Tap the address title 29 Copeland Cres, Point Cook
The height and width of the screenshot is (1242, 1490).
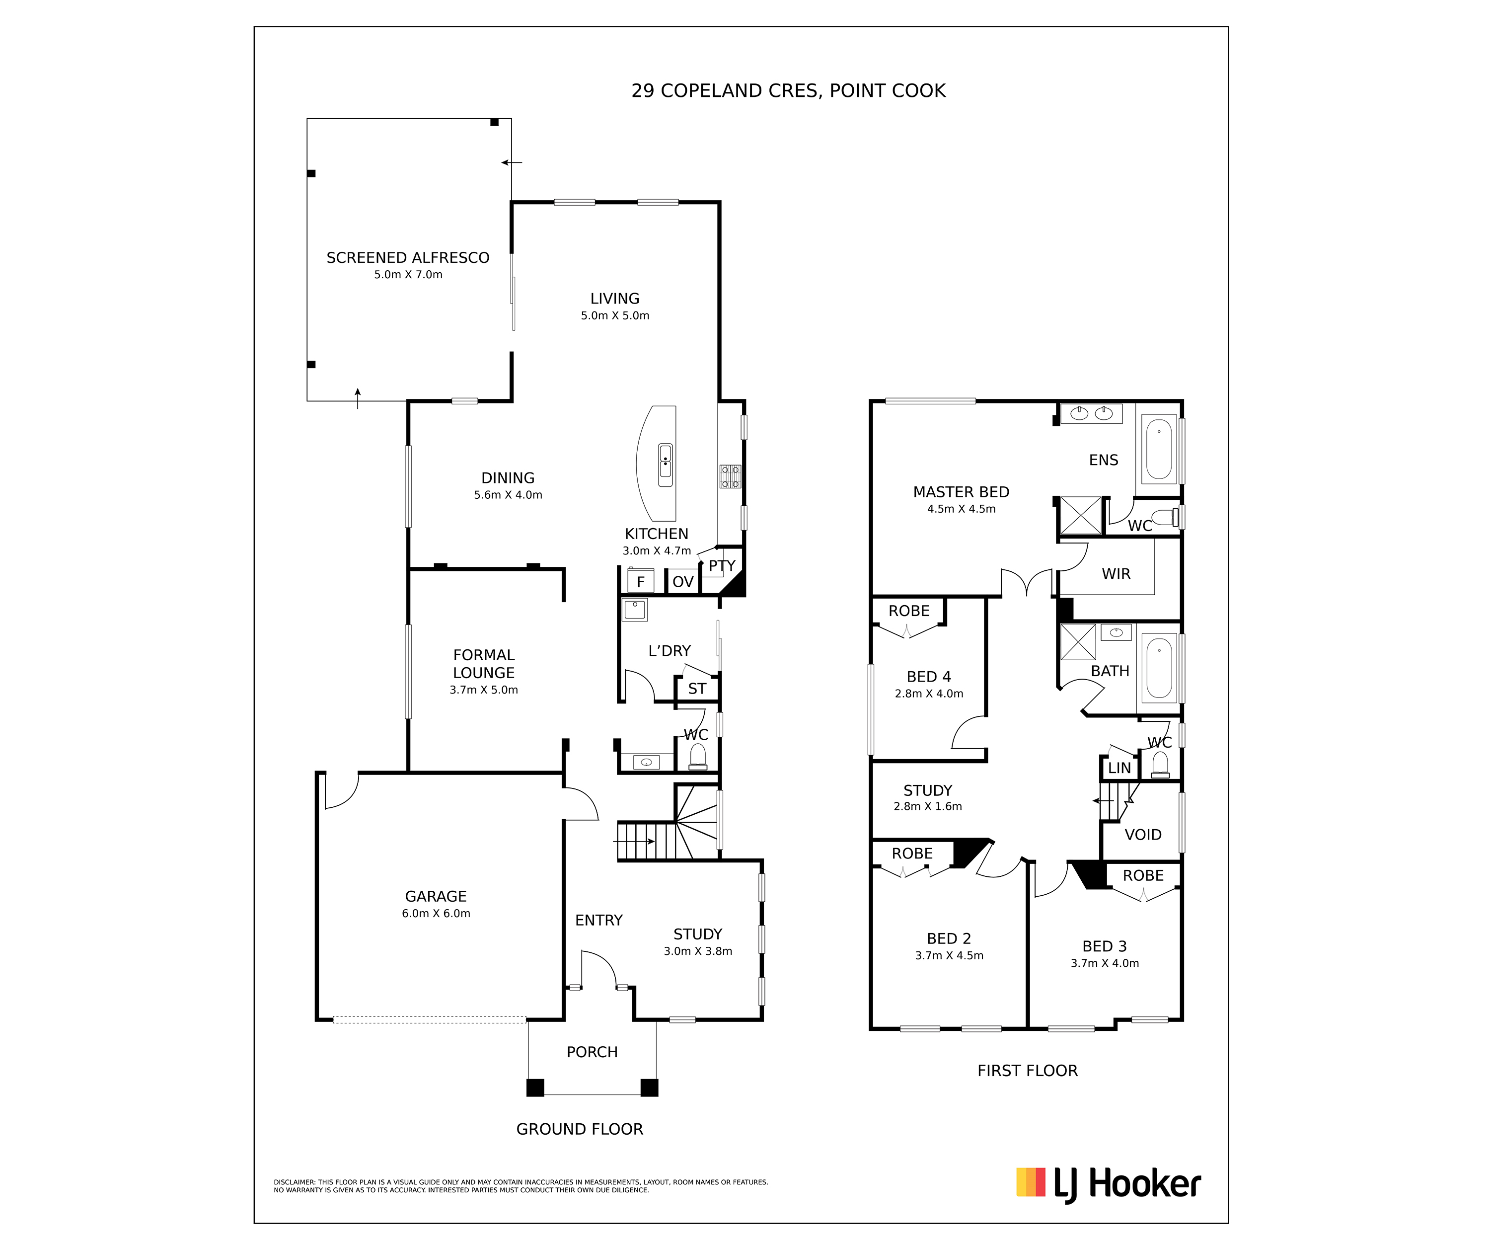click(x=788, y=91)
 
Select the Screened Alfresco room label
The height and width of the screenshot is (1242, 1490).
click(x=408, y=258)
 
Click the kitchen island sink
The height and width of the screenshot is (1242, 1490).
click(x=665, y=465)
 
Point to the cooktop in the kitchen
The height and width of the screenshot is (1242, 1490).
click(x=730, y=476)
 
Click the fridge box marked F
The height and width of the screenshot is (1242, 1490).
click(x=641, y=581)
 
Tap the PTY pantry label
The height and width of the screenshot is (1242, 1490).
click(x=722, y=566)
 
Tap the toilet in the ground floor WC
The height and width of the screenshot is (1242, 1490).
click(x=698, y=757)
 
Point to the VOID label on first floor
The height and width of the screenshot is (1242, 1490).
click(x=1143, y=835)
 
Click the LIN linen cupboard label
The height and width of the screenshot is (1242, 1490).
click(x=1119, y=768)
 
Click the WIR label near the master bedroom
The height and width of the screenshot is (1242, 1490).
click(x=1116, y=573)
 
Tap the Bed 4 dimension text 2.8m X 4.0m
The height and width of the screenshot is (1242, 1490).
click(x=929, y=694)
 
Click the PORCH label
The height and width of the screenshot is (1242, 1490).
click(x=592, y=1052)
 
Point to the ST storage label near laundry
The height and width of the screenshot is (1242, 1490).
click(x=697, y=689)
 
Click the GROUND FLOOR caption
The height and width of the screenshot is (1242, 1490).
click(x=580, y=1129)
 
